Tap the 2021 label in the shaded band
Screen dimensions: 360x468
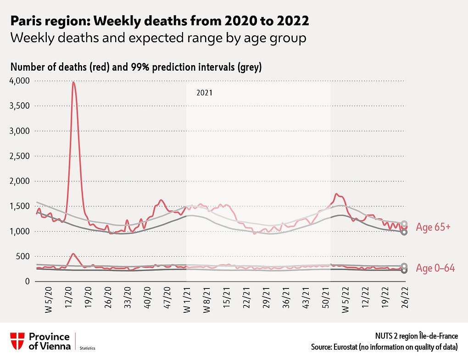point(204,92)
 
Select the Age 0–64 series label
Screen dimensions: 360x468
point(435,268)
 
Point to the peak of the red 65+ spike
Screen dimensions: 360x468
point(73,83)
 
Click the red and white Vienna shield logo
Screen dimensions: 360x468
point(17,341)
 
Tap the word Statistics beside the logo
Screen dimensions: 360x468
point(88,349)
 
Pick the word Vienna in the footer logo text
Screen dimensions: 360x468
point(56,346)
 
